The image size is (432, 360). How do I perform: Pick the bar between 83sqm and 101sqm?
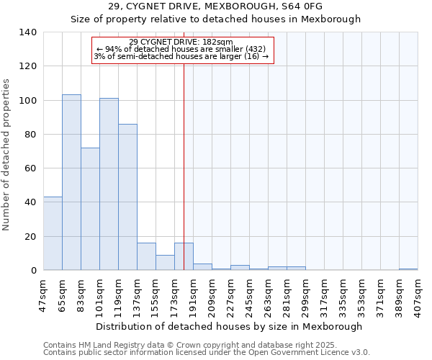pyautogui.click(x=90, y=209)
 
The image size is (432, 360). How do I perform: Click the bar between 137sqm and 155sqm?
pyautogui.click(x=146, y=256)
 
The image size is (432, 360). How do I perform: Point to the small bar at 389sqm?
pyautogui.click(x=408, y=269)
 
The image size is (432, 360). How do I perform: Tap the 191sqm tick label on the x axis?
pyautogui.click(x=193, y=294)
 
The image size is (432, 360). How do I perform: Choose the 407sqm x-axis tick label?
pyautogui.click(x=418, y=294)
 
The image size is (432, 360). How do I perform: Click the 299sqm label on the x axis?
pyautogui.click(x=305, y=294)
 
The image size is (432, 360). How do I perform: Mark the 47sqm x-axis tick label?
pyautogui.click(x=43, y=294)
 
